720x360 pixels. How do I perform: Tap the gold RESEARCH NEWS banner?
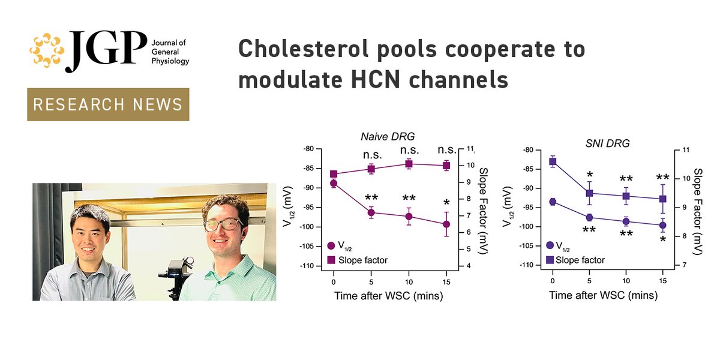click(x=108, y=104)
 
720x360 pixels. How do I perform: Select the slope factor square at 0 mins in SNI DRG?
click(x=553, y=161)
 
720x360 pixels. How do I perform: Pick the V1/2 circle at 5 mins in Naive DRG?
click(x=371, y=212)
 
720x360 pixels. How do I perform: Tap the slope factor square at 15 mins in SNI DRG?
click(x=663, y=199)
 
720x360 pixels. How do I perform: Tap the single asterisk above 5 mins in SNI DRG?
click(x=590, y=175)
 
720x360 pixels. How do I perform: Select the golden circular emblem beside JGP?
click(x=46, y=52)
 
